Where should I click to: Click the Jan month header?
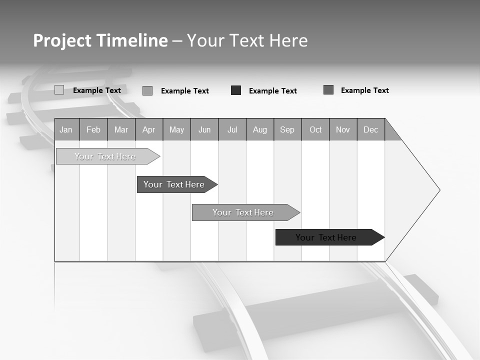(x=66, y=129)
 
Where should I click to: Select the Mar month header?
(x=121, y=129)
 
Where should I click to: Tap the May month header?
(x=176, y=129)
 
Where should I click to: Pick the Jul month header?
(x=232, y=129)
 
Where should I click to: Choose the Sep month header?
(x=287, y=129)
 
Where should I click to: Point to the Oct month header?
(x=315, y=129)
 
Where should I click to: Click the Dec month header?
(x=370, y=129)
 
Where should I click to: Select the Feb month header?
(x=93, y=129)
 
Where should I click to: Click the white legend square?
(x=59, y=90)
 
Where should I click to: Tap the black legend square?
(x=236, y=90)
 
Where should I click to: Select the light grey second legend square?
(x=147, y=90)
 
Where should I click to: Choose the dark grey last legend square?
(x=328, y=89)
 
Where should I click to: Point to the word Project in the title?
(x=62, y=40)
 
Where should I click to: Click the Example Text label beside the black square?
(x=273, y=90)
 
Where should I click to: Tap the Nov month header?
(x=343, y=129)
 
